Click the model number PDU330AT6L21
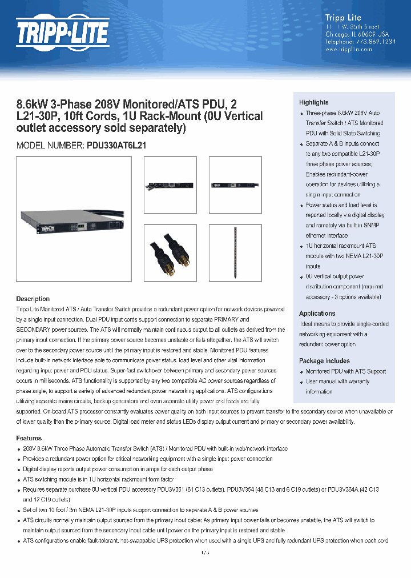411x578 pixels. pos(116,146)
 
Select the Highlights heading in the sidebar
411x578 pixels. pos(313,102)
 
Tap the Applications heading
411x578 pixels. pos(317,314)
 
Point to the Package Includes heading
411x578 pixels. pos(324,361)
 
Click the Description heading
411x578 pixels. pos(33,299)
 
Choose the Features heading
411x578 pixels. pos(29,438)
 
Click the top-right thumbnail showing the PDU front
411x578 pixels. pos(235,184)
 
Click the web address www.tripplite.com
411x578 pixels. pos(348,49)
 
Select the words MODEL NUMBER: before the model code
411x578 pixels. pos(50,146)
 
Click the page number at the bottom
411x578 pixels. pos(205,553)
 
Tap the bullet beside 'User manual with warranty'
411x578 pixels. pos(301,382)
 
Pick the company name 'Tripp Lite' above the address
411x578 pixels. pos(343,18)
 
